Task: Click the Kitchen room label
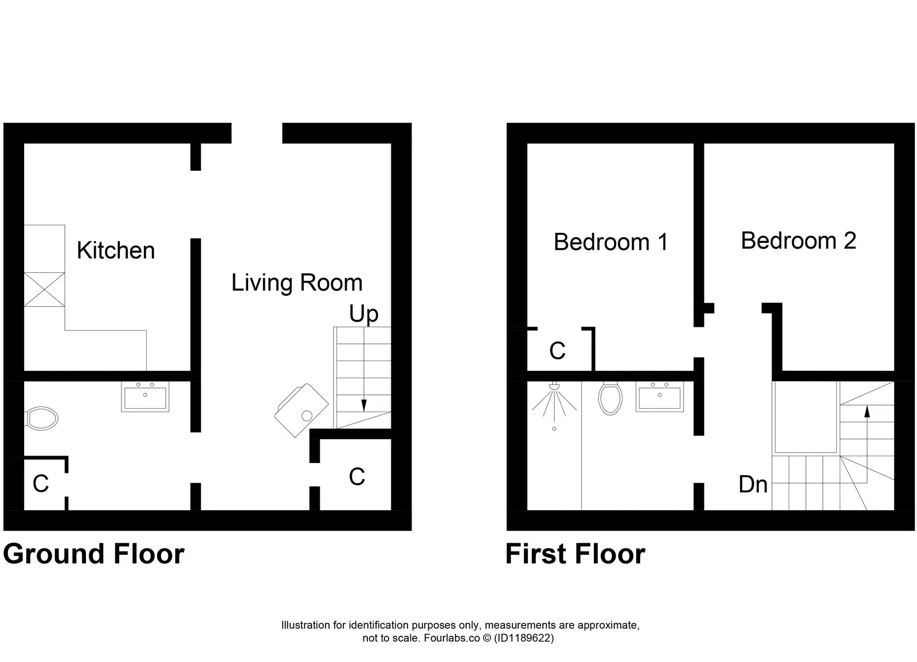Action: point(116,250)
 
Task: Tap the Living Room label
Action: point(297,283)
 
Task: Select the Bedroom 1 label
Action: point(611,242)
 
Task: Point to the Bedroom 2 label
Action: point(798,241)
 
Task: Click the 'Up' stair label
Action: point(364,314)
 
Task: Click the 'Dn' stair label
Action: point(753,485)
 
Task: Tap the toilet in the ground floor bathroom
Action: point(42,418)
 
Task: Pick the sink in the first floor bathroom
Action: point(660,397)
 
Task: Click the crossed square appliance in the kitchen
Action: point(44,289)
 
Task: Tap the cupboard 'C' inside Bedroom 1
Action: point(557,351)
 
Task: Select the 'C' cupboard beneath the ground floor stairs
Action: point(356,477)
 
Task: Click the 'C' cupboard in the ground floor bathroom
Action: point(41,484)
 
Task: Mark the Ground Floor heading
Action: point(94,554)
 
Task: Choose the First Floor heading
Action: point(575,554)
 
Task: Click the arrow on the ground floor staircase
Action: point(363,405)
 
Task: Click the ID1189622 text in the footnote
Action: point(524,638)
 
